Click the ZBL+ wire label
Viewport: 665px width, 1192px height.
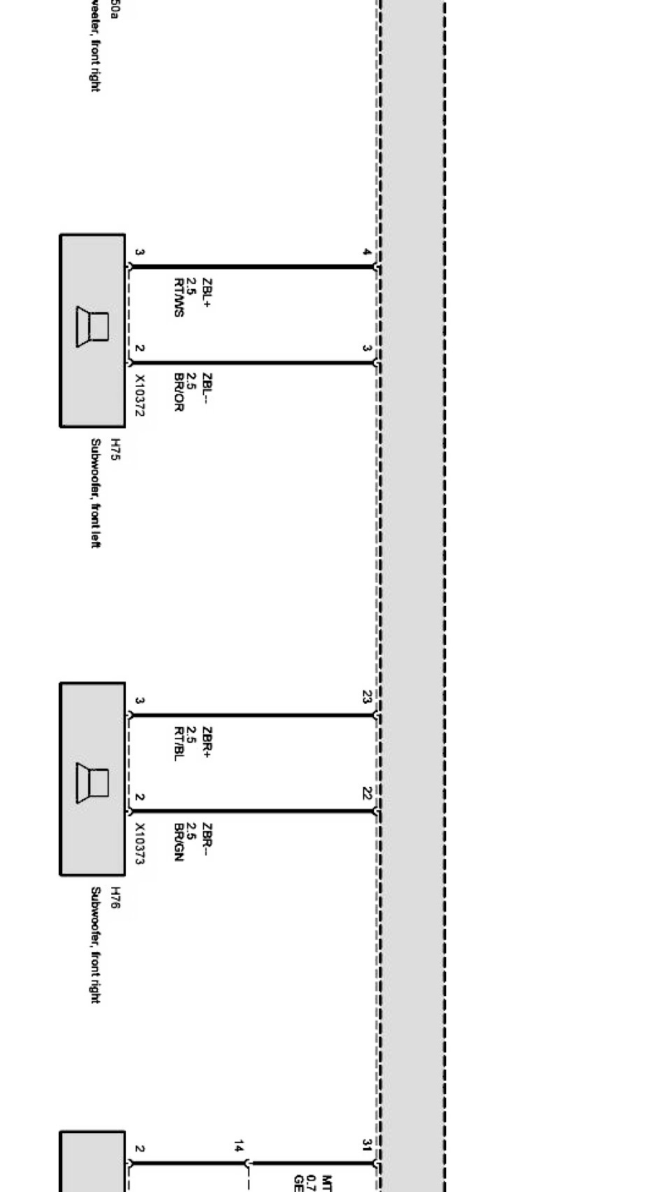(x=206, y=294)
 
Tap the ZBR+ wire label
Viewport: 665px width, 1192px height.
(x=206, y=743)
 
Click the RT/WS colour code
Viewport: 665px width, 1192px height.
(x=179, y=297)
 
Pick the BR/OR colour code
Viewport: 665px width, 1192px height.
(x=179, y=392)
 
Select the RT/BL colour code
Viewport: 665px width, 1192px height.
(x=179, y=744)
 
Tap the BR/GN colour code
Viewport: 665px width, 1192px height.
(x=179, y=842)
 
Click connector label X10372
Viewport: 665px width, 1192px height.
(x=139, y=395)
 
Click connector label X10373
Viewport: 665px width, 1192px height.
(x=139, y=844)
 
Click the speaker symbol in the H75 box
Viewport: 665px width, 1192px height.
(x=93, y=327)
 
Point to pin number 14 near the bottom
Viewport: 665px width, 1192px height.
(x=239, y=1146)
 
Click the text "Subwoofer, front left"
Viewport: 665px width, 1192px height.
(x=96, y=493)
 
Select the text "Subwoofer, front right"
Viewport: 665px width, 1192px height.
(x=96, y=945)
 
